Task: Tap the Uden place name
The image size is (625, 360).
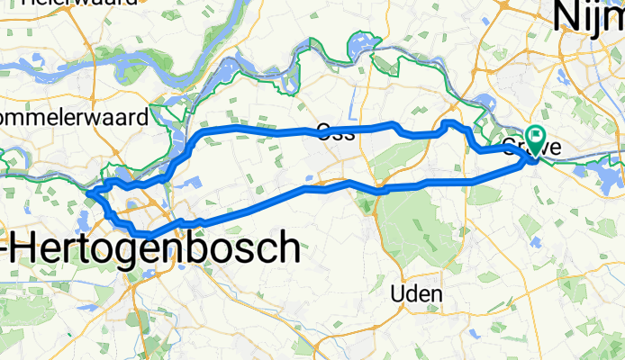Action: tap(418, 294)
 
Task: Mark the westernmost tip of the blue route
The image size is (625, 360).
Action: tap(88, 192)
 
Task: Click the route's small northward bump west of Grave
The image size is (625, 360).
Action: tap(449, 122)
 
